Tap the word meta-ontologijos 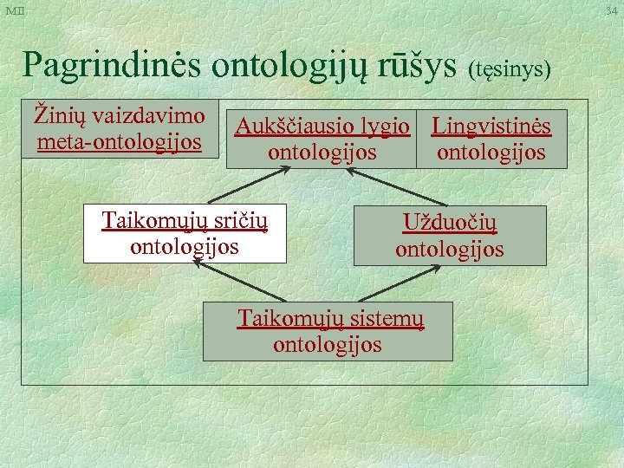tap(120, 140)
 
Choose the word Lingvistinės tap(491, 127)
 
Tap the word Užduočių tap(450, 224)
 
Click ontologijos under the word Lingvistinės tap(491, 153)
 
